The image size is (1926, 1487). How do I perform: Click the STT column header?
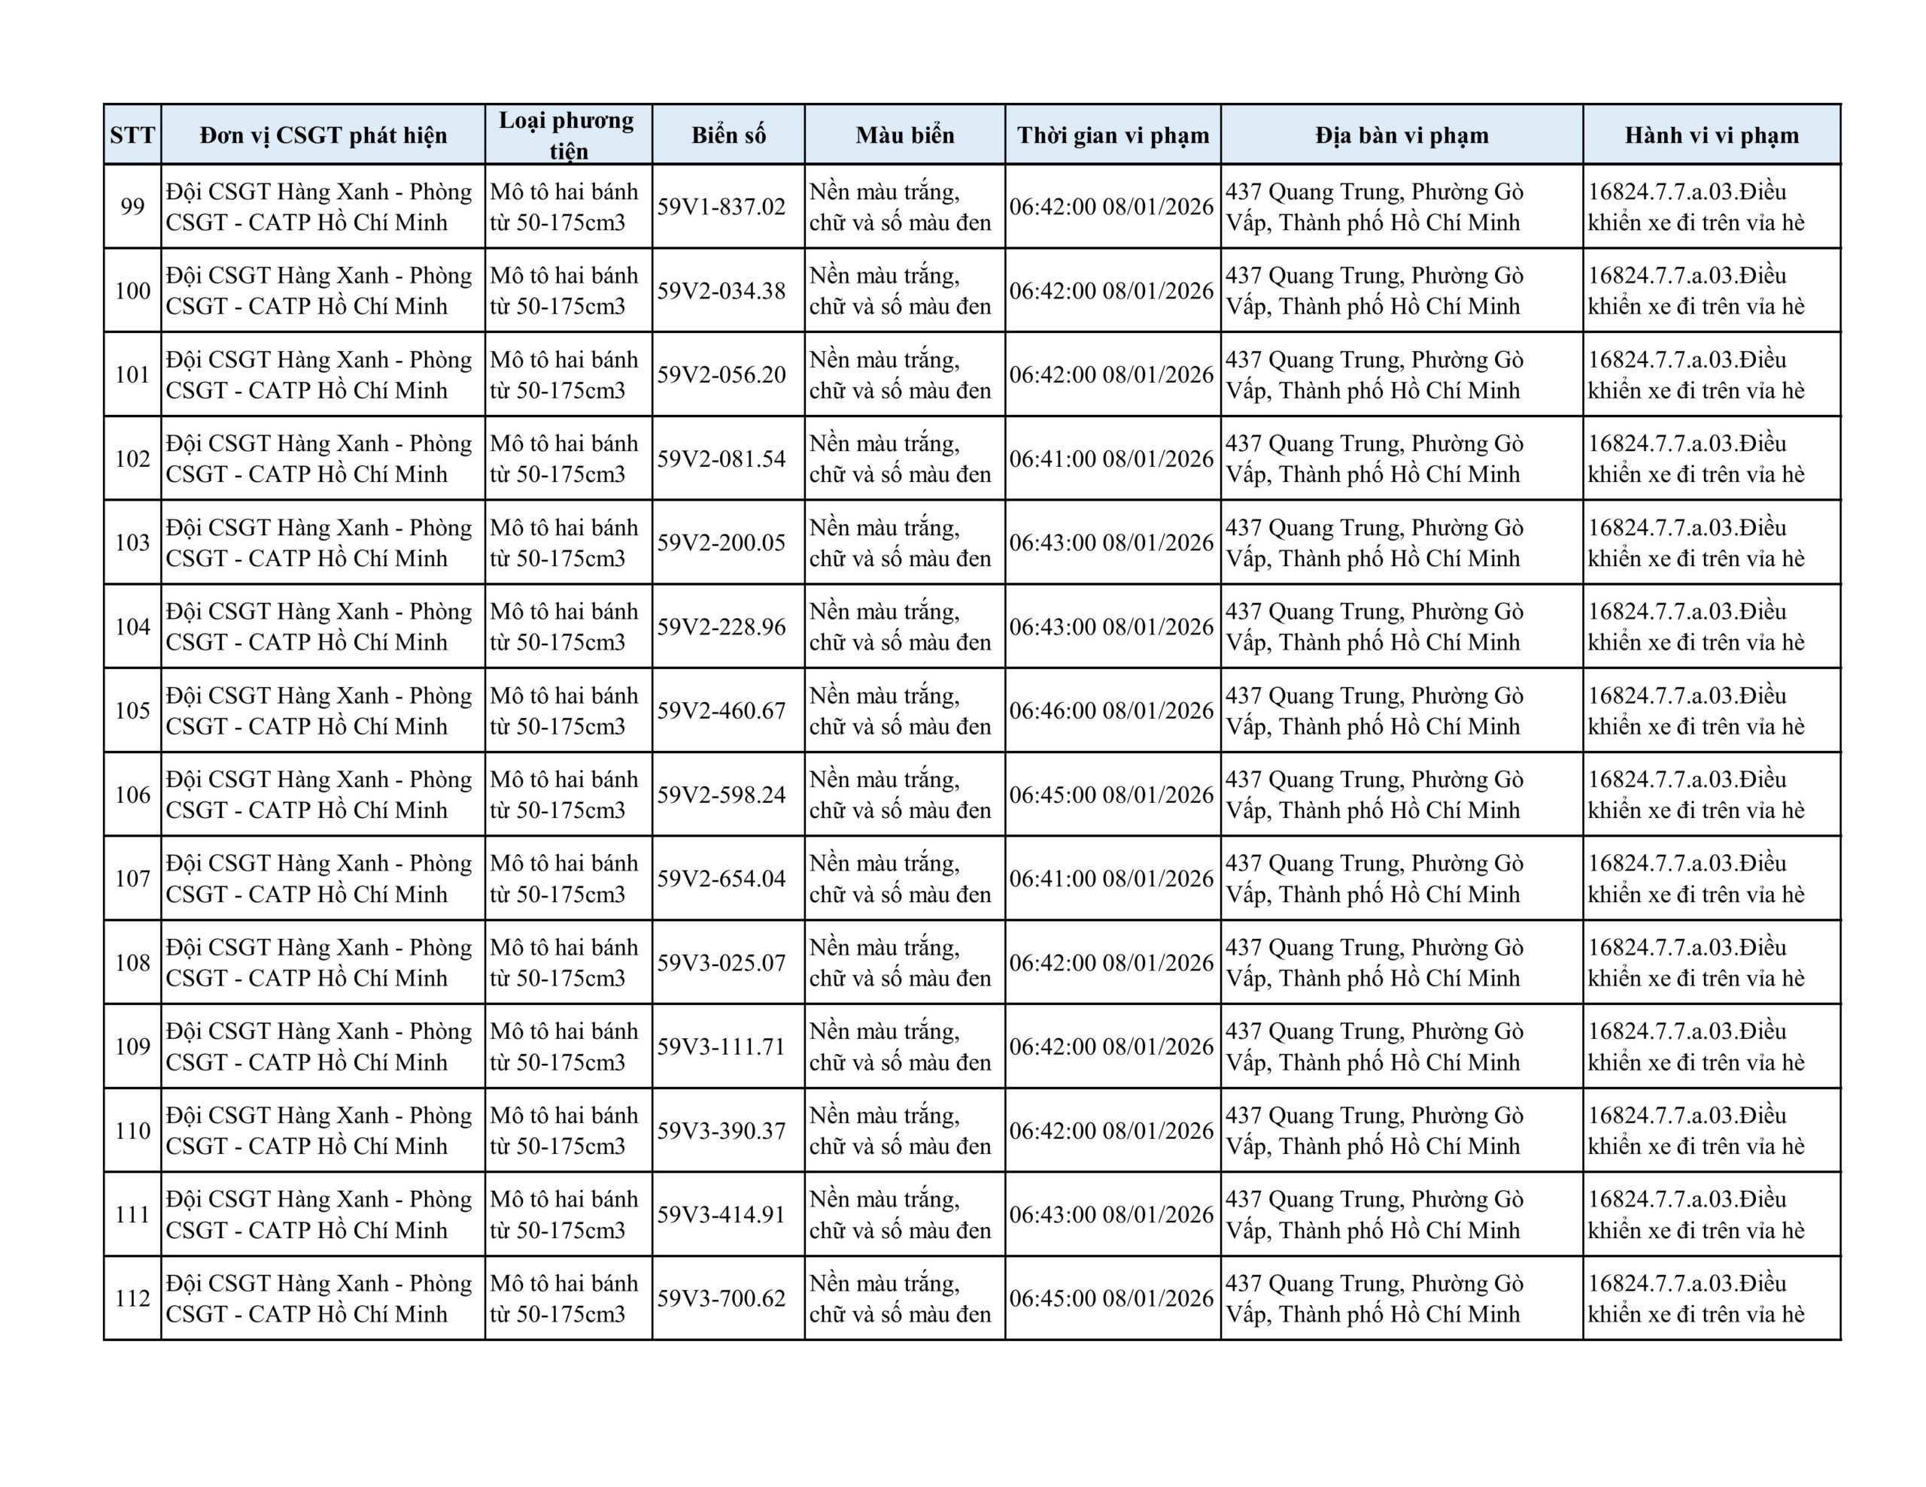(132, 135)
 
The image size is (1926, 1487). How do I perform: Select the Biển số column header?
(728, 135)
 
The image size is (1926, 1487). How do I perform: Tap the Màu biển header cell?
(905, 135)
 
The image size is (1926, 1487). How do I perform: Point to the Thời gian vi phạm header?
(1113, 135)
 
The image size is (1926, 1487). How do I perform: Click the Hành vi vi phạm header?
(1711, 135)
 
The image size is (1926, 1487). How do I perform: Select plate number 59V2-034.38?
(721, 291)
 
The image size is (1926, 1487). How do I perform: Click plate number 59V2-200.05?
(721, 543)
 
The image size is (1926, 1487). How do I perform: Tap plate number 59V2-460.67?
(721, 710)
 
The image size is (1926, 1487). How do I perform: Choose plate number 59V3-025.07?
(721, 962)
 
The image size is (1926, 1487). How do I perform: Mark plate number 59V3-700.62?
(721, 1298)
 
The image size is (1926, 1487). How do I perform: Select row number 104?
(132, 627)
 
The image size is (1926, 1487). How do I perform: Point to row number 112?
(132, 1298)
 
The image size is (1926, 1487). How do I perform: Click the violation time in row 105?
(1112, 710)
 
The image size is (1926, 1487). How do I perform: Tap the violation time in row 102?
(1112, 459)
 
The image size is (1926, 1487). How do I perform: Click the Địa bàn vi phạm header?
(1402, 135)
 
